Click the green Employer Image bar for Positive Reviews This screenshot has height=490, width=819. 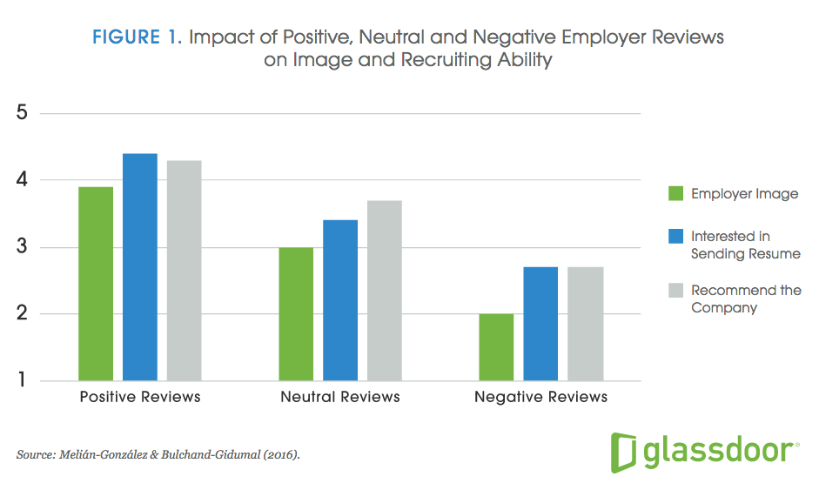(x=96, y=284)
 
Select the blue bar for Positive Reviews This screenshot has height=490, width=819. (x=140, y=267)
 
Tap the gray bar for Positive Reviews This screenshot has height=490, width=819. (x=184, y=271)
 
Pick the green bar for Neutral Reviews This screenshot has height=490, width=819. (x=296, y=314)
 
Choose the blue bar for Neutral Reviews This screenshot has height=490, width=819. (x=340, y=300)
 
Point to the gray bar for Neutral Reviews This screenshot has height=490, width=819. (x=384, y=291)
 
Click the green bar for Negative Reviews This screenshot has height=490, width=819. (x=496, y=347)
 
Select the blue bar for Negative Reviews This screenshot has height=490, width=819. (x=540, y=324)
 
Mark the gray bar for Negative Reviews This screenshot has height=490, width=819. (x=585, y=324)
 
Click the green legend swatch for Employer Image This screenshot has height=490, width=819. (x=675, y=193)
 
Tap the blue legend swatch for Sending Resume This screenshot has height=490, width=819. (x=675, y=236)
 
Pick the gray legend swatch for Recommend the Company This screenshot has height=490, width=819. (x=675, y=290)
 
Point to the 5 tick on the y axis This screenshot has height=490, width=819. (x=22, y=114)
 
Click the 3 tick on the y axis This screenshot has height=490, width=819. (x=22, y=247)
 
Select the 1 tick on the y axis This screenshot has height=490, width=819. (x=22, y=381)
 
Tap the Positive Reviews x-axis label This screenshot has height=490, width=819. (x=139, y=397)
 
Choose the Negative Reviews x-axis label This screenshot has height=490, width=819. (x=540, y=397)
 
